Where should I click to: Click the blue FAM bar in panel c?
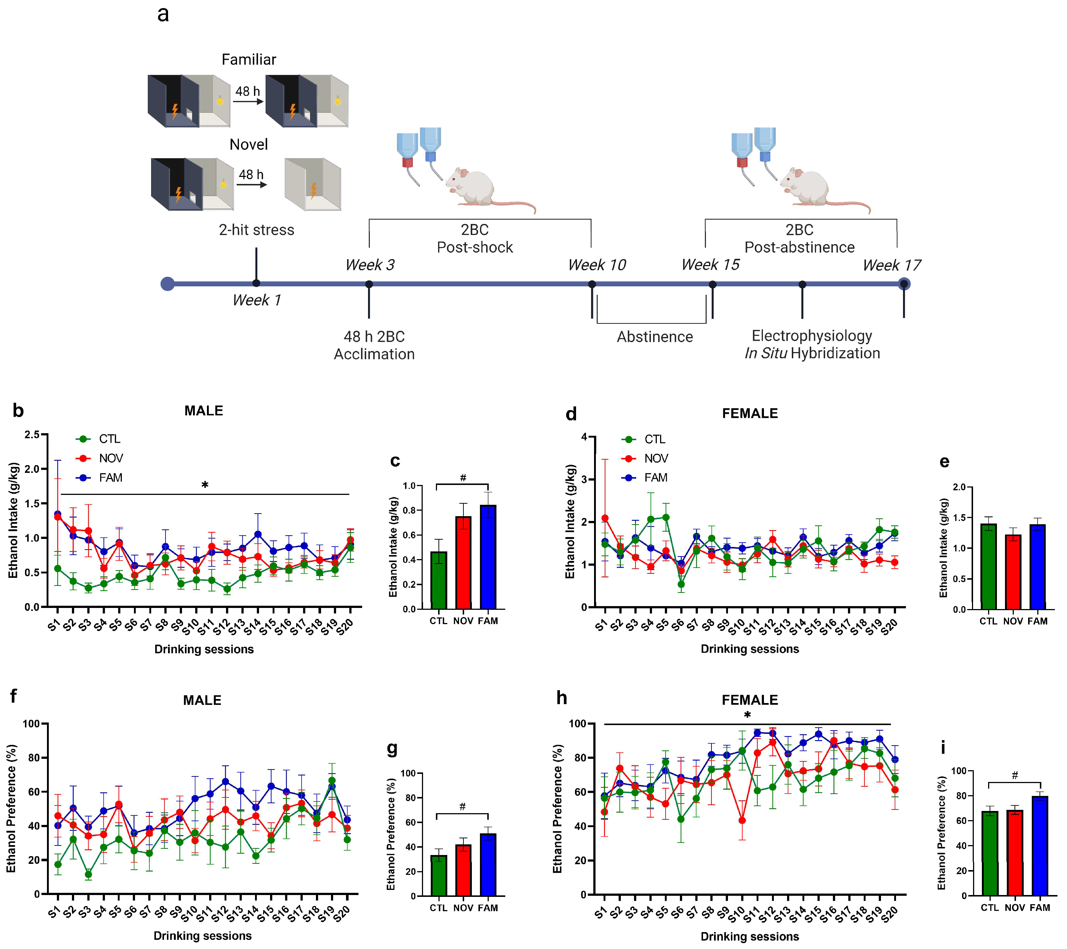click(x=488, y=557)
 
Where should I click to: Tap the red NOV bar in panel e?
click(x=1013, y=572)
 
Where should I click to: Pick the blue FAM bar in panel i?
click(x=1039, y=846)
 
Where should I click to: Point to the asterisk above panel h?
click(x=747, y=716)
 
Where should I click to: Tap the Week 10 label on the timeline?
click(x=597, y=265)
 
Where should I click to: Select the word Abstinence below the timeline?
click(x=655, y=337)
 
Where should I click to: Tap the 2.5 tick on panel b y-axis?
click(x=32, y=435)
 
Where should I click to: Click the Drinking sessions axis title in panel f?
click(x=203, y=935)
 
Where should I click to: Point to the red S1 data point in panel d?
click(x=605, y=518)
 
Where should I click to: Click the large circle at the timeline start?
click(x=168, y=284)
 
